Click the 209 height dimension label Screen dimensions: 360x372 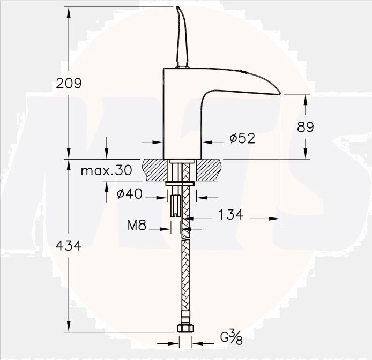(x=69, y=83)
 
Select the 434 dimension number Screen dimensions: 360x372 (x=69, y=246)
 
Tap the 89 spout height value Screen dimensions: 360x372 (x=305, y=126)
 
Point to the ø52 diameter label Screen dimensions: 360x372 (x=242, y=138)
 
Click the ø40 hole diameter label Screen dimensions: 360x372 (x=130, y=193)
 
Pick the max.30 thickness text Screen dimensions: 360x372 (x=106, y=171)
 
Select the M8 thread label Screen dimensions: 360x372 (x=137, y=226)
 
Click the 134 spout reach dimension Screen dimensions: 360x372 (x=230, y=215)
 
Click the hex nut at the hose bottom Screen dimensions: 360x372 (x=185, y=328)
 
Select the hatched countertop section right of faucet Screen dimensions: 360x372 (x=209, y=170)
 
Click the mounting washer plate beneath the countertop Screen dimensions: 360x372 (x=180, y=183)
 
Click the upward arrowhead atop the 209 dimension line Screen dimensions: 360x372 (x=69, y=12)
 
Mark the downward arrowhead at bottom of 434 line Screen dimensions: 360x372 (x=69, y=326)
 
